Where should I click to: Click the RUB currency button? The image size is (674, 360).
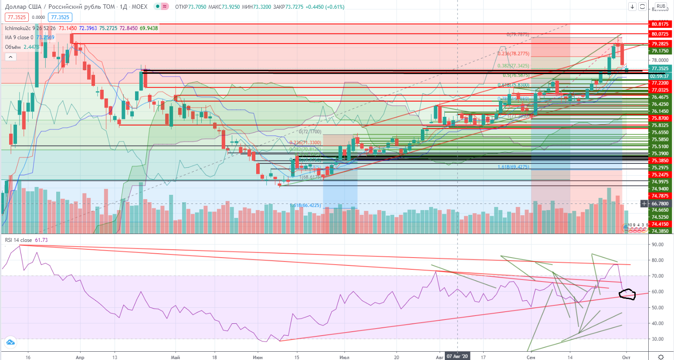pos(661,7)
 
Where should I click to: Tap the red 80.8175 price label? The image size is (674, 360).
pos(660,24)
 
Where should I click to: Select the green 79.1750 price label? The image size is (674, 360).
pos(660,51)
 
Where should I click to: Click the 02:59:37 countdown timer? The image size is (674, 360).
pos(659,76)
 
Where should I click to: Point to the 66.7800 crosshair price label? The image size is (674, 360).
pos(660,204)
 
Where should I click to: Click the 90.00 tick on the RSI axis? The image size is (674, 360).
pos(657,245)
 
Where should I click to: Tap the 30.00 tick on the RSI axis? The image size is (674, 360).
pos(657,339)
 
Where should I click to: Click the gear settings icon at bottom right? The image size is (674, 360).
pos(661,357)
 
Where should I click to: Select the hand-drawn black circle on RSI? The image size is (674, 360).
pos(627,295)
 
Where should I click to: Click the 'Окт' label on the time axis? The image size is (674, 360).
pos(626,357)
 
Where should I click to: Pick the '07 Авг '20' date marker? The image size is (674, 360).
pos(457,357)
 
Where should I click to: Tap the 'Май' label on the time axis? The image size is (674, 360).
pos(175,357)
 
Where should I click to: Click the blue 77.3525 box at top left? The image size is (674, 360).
pos(60,17)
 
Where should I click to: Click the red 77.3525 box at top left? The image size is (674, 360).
pos(17,17)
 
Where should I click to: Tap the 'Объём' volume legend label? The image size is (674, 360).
pos(13,47)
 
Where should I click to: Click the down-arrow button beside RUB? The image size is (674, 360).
pos(632,7)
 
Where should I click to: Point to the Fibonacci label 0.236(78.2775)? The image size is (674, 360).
pos(513,54)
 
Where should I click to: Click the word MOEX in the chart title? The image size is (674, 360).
pos(139,7)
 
